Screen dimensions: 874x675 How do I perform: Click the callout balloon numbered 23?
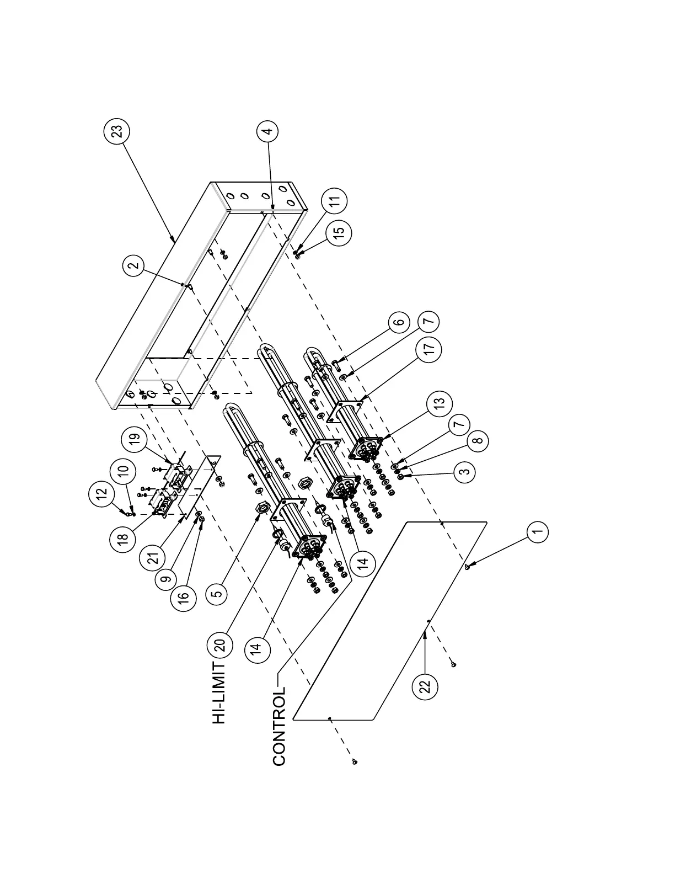(116, 132)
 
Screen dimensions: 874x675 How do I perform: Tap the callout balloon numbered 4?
(267, 131)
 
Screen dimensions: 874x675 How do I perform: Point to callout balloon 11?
(337, 199)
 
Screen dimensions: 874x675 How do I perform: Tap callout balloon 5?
(217, 594)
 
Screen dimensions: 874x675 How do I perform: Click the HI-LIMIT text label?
(219, 693)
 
